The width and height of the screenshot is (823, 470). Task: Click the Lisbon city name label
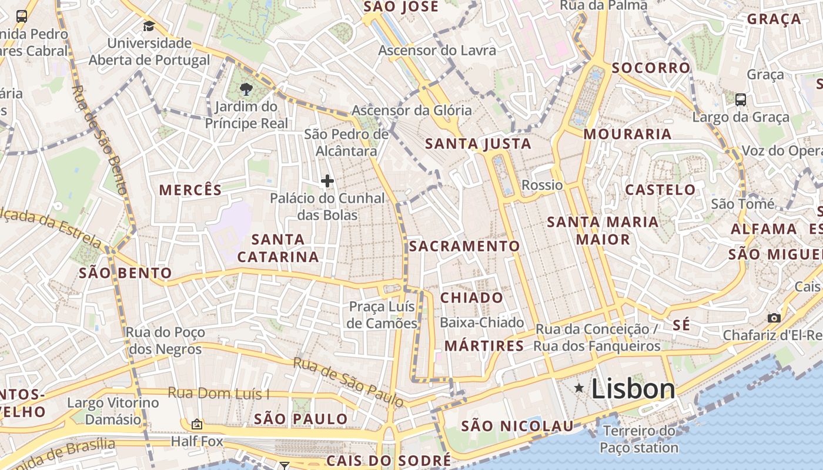click(x=633, y=389)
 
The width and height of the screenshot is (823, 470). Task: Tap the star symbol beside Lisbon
click(x=579, y=388)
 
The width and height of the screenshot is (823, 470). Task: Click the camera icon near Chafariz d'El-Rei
click(x=774, y=318)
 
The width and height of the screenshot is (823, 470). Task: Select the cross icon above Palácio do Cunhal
click(x=327, y=181)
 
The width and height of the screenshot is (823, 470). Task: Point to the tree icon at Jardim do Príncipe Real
click(x=246, y=89)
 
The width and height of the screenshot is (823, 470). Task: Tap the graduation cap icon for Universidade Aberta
click(x=149, y=26)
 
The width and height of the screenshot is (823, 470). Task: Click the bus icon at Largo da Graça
click(x=741, y=99)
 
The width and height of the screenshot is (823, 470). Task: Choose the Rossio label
click(x=542, y=185)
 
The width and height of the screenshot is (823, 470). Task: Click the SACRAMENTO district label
click(x=464, y=246)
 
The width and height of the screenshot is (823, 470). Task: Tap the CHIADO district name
click(x=471, y=298)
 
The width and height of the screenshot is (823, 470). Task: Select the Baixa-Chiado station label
click(x=481, y=323)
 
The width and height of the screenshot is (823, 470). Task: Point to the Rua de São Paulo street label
click(x=349, y=382)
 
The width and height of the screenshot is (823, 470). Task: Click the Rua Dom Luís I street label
click(x=219, y=393)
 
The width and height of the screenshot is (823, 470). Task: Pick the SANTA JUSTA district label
click(x=478, y=144)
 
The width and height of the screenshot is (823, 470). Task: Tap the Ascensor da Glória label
click(x=411, y=110)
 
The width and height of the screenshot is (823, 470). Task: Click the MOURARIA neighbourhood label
click(x=627, y=134)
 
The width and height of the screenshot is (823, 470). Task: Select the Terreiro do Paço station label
click(x=638, y=439)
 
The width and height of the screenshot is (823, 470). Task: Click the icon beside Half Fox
click(x=196, y=424)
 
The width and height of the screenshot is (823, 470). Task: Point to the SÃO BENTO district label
click(x=125, y=273)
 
